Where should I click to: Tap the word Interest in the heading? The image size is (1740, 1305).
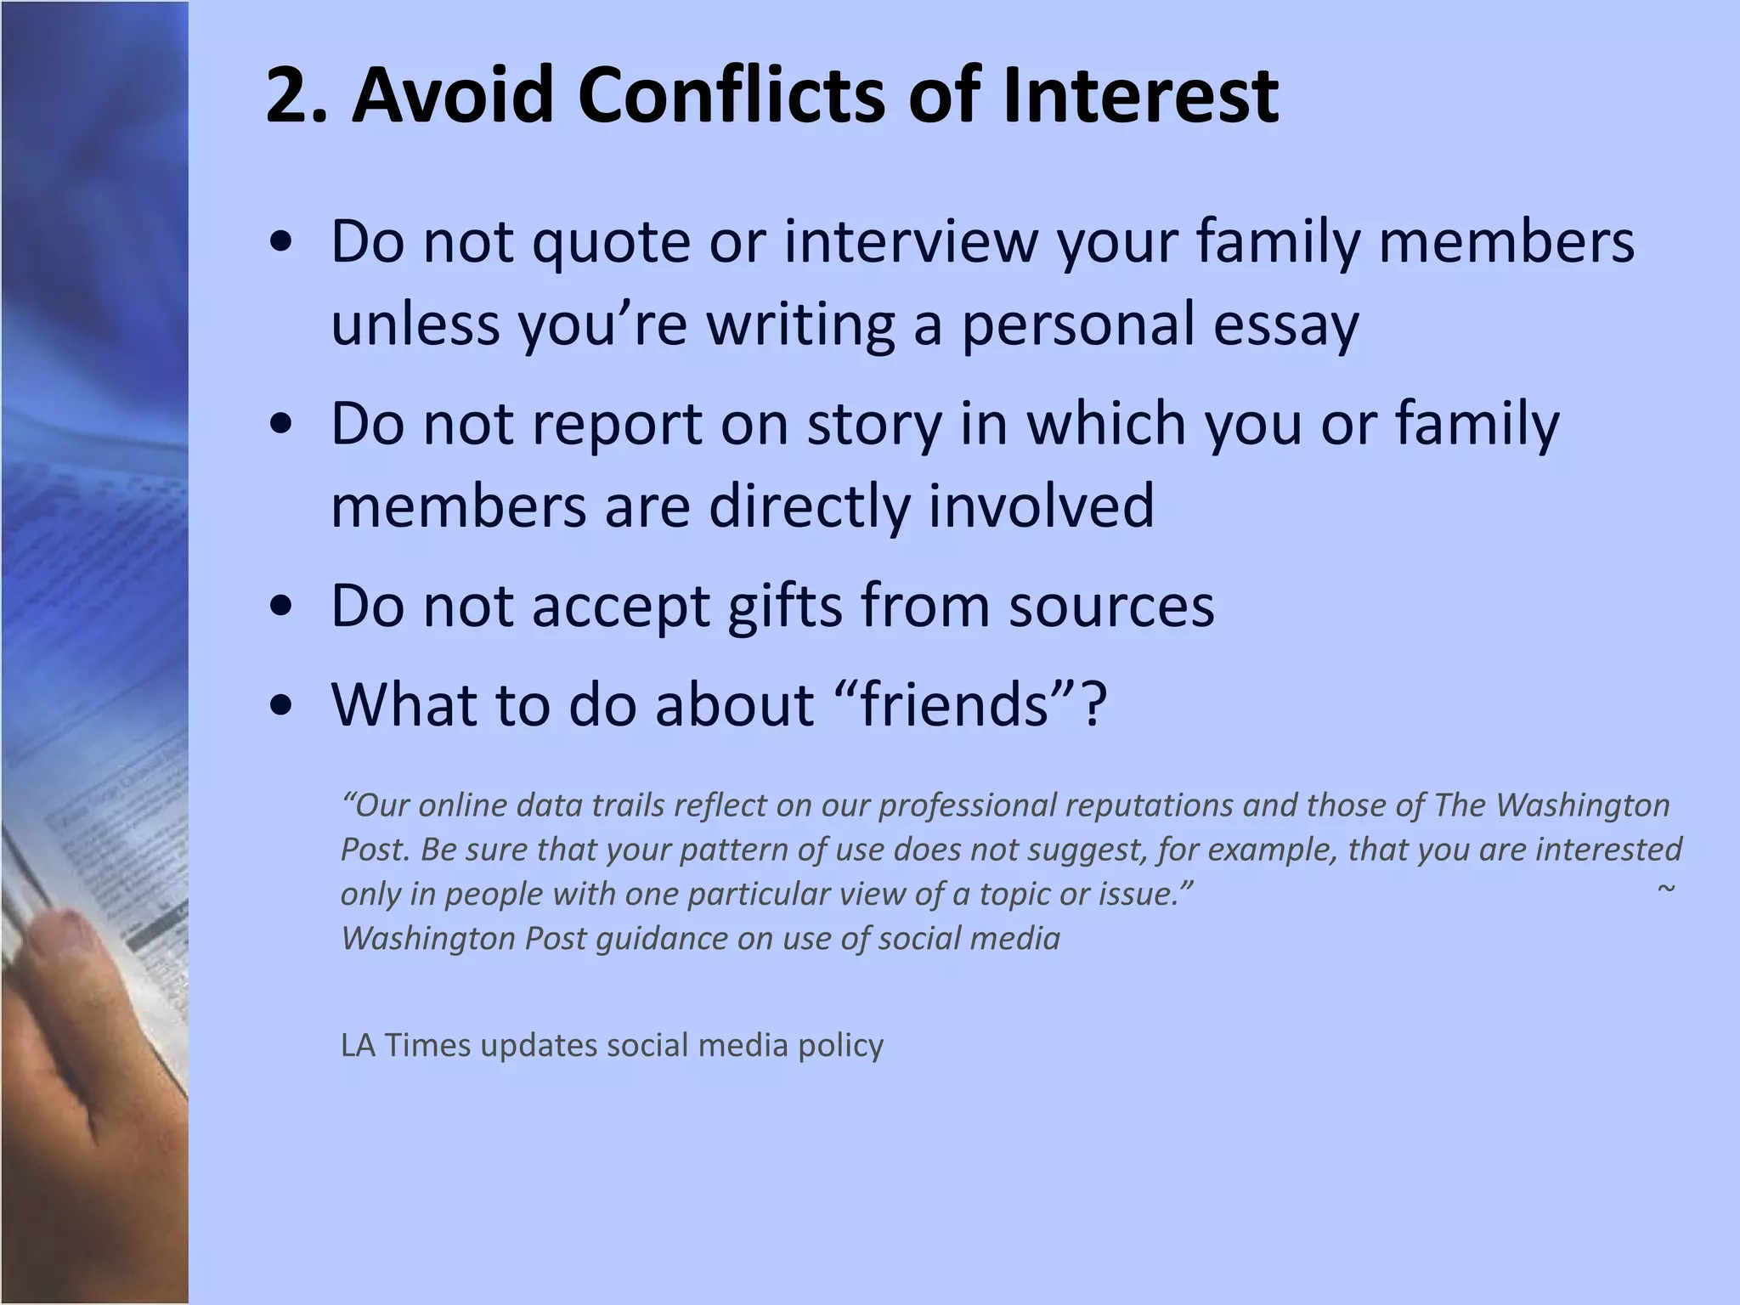point(1139,96)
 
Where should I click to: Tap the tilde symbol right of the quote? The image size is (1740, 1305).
point(1666,889)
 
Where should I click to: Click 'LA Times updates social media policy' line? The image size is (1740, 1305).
point(612,1045)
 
